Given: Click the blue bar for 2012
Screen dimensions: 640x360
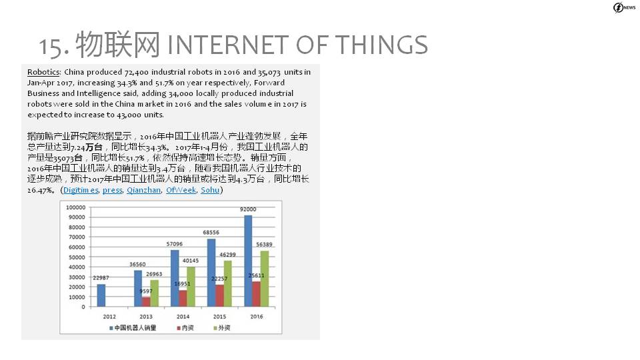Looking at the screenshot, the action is point(101,295).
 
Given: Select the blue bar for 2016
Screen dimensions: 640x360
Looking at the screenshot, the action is point(248,261).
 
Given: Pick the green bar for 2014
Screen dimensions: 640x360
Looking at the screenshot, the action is point(191,287).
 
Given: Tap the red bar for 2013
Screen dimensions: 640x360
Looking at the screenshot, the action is point(146,301).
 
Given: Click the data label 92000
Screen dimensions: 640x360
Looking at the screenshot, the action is point(248,209).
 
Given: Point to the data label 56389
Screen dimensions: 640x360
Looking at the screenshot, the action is point(264,245).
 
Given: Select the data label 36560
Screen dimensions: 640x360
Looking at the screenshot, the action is point(137,265).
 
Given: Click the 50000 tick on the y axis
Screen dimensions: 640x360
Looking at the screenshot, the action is point(77,257).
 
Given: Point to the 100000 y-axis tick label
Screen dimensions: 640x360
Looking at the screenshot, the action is point(75,207).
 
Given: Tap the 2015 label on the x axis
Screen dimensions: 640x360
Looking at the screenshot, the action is point(219,317).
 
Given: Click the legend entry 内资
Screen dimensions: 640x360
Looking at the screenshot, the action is point(185,328).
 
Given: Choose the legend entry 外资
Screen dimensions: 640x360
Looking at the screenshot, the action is point(222,328).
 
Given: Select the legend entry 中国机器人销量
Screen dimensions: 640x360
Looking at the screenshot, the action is point(133,328).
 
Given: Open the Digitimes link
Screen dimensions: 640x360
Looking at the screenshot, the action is point(81,190).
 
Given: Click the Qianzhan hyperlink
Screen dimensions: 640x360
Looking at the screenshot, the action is point(144,190).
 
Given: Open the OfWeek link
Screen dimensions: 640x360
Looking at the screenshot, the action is point(181,190).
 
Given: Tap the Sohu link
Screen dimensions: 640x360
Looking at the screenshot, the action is point(210,190).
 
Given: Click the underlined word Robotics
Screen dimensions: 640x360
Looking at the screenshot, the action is point(44,72).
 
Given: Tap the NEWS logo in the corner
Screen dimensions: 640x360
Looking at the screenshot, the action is point(625,7).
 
